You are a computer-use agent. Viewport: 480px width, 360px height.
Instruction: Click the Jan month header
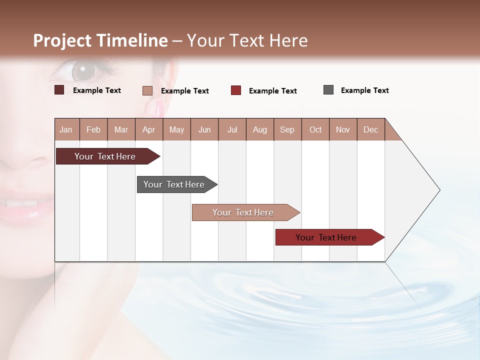pos(66,129)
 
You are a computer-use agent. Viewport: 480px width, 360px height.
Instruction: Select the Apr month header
pos(148,129)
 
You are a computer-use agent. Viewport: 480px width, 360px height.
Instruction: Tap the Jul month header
pos(232,129)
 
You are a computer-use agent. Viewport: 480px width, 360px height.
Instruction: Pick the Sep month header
pos(287,129)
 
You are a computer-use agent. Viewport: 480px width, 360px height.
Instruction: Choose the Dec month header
pos(370,129)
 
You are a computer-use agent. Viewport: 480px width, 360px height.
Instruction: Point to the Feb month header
pos(93,129)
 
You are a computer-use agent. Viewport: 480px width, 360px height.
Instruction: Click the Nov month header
pos(342,129)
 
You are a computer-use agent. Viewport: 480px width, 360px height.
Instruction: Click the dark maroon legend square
pos(59,90)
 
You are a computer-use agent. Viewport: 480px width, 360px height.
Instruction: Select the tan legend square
pos(147,90)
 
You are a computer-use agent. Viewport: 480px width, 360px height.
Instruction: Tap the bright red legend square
pos(236,90)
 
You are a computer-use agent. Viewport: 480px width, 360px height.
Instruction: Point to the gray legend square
pos(328,90)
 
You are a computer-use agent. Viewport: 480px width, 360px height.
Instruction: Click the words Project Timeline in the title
pos(100,40)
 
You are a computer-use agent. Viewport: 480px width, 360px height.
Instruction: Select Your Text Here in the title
pos(247,40)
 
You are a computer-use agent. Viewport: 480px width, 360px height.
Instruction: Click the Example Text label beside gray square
pos(364,90)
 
